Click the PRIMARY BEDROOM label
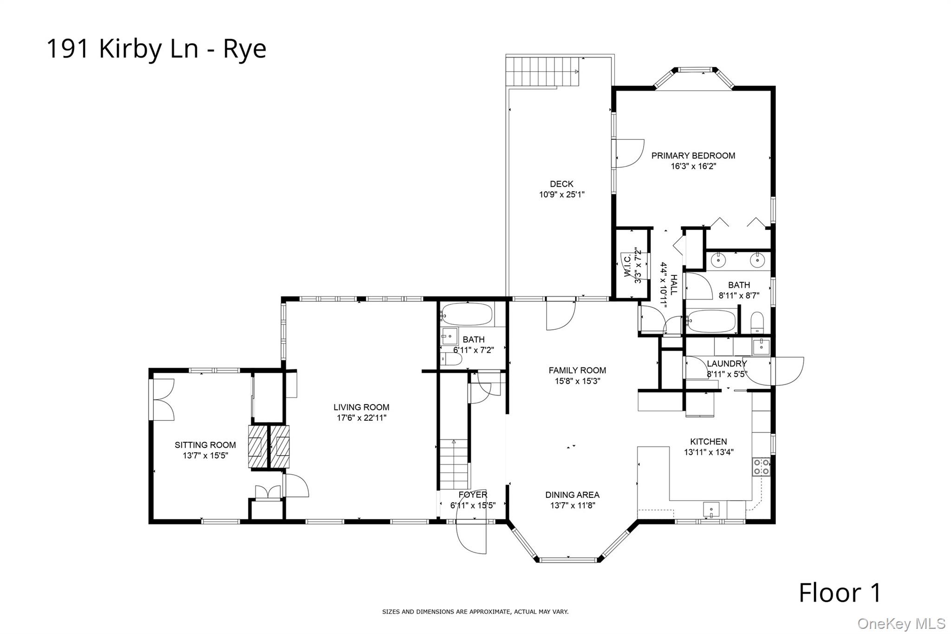click(693, 156)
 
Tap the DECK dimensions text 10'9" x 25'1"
click(561, 195)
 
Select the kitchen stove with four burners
click(761, 466)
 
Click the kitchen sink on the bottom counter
click(711, 509)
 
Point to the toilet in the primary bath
click(757, 322)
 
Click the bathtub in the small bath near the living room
click(467, 314)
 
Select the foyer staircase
click(454, 464)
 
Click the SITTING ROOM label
click(205, 445)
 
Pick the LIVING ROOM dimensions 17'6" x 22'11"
click(361, 418)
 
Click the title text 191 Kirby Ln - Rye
click(156, 49)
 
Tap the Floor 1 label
click(840, 593)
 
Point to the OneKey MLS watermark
click(901, 624)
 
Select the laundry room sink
click(761, 346)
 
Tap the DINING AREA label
click(572, 495)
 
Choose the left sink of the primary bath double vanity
click(719, 260)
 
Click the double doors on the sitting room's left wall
click(162, 400)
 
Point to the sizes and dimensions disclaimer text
click(475, 612)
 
